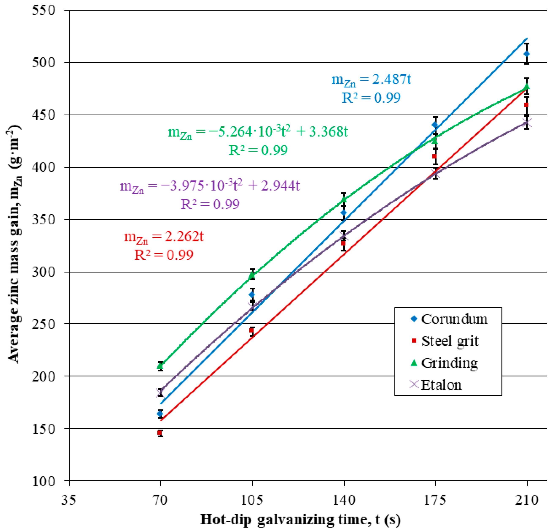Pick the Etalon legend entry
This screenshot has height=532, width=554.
click(x=441, y=385)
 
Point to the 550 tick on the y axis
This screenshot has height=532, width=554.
click(x=44, y=10)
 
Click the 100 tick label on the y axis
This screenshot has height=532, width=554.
click(x=44, y=481)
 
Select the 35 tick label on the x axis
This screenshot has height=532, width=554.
click(x=69, y=500)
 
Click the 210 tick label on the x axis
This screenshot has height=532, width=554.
click(x=526, y=500)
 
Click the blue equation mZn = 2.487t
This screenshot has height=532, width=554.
click(x=371, y=80)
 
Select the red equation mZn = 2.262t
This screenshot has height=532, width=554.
click(x=164, y=237)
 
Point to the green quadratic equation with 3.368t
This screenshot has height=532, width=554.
click(x=258, y=132)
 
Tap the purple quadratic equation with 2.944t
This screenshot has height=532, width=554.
click(x=210, y=186)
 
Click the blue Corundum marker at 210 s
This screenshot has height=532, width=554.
click(x=527, y=54)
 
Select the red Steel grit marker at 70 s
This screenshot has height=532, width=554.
click(x=160, y=433)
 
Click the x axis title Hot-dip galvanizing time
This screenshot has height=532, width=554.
click(x=300, y=520)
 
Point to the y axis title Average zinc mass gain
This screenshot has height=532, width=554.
click(x=14, y=243)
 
